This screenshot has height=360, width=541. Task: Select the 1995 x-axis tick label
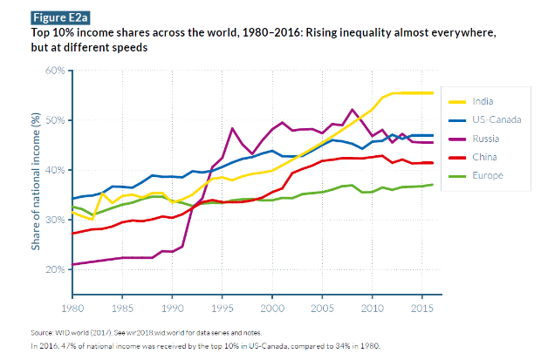223,308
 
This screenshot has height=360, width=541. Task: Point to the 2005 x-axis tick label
324,308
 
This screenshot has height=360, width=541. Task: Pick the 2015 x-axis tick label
424,308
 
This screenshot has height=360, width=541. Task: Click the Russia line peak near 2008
353,110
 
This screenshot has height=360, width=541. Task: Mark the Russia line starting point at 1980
72,264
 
